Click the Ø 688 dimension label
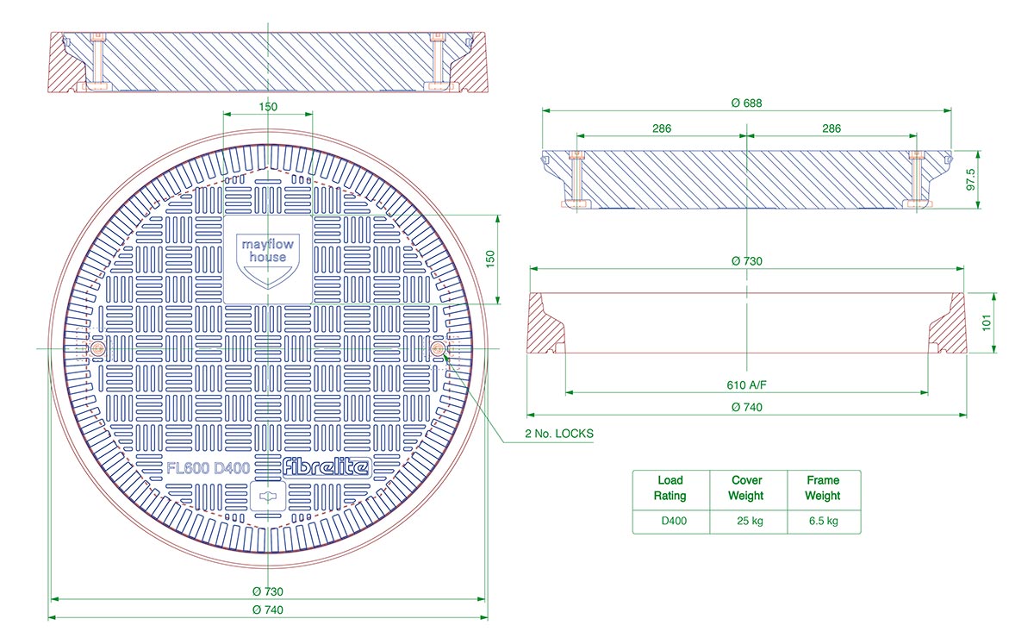[x=746, y=102]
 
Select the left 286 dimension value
[x=661, y=128]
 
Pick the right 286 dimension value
[x=831, y=128]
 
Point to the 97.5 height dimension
[x=971, y=179]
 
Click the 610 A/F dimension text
[x=746, y=385]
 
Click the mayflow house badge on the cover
[x=267, y=258]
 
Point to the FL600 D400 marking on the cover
[x=209, y=469]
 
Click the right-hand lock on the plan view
[x=439, y=348]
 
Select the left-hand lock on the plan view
[x=98, y=348]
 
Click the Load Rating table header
[x=670, y=488]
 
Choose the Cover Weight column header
[x=746, y=488]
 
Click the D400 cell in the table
[x=673, y=521]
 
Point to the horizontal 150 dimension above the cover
[x=268, y=107]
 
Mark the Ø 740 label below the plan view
[x=267, y=610]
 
